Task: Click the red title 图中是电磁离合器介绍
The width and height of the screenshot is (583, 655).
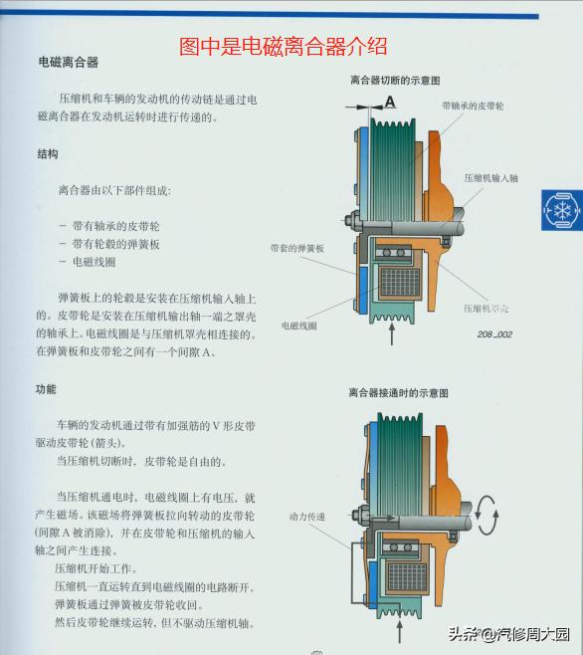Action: tap(283, 46)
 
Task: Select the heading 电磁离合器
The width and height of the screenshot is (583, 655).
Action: tap(68, 62)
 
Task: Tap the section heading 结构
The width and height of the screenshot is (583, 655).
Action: tap(47, 154)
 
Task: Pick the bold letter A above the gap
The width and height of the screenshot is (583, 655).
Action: tap(390, 101)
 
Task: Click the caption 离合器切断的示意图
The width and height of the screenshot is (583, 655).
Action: tap(395, 79)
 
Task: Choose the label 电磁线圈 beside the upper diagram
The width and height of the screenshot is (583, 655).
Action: tap(298, 326)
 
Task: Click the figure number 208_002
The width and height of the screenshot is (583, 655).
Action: tap(493, 334)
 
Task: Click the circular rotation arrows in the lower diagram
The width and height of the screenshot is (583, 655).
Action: tap(488, 513)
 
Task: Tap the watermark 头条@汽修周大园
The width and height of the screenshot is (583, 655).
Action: tap(508, 634)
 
